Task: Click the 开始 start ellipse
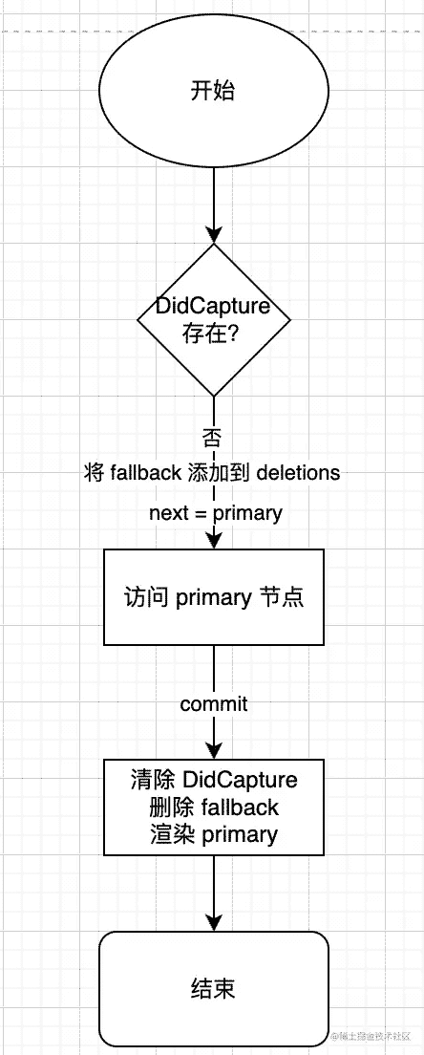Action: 213,92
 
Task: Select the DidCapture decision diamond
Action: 213,319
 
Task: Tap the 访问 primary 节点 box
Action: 214,597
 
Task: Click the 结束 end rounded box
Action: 213,988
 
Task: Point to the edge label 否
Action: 213,438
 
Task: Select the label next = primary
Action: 216,513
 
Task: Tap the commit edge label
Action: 214,704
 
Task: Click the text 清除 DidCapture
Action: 213,780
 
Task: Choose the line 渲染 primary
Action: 213,834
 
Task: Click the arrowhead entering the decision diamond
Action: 213,234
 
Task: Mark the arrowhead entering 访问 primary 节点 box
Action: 213,540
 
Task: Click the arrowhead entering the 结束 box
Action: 213,923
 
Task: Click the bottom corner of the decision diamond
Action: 213,397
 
